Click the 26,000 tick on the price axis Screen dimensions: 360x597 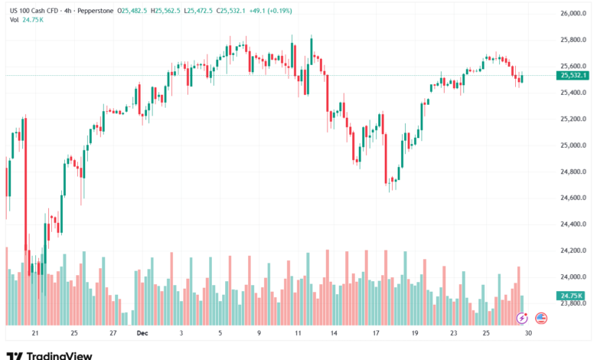point(573,14)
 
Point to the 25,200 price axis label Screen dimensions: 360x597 point(573,119)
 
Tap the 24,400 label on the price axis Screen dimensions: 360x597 point(573,224)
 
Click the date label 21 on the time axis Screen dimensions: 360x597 point(34,333)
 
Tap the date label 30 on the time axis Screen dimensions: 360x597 point(528,333)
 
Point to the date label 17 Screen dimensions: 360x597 point(377,333)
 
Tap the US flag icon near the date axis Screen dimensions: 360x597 point(541,318)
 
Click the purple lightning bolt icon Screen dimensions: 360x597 point(523,318)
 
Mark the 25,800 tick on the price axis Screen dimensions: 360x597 point(573,40)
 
